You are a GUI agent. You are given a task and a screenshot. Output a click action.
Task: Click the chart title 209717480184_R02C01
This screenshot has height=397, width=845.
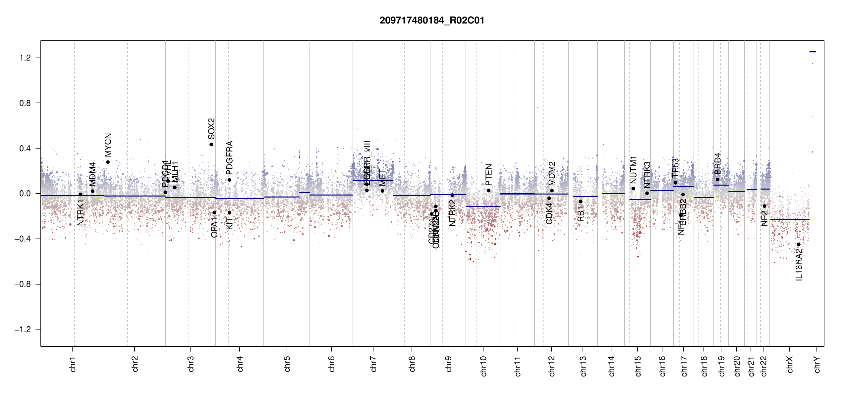point(432,21)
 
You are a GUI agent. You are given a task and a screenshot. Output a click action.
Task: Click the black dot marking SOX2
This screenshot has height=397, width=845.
point(211,145)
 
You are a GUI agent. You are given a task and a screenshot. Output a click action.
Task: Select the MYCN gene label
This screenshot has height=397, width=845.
point(108,145)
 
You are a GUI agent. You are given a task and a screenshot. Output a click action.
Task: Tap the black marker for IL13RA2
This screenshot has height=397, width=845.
point(799,244)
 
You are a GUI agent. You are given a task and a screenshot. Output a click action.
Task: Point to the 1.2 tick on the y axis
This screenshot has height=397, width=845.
point(25,58)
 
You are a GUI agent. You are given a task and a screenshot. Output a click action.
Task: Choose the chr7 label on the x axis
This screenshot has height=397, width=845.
point(373,364)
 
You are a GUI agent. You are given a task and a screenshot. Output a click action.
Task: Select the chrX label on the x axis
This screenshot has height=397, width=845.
point(790,364)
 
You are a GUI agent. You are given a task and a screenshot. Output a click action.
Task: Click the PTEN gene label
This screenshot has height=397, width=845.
point(488,175)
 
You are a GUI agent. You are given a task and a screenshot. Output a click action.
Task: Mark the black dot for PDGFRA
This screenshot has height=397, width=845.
point(229,180)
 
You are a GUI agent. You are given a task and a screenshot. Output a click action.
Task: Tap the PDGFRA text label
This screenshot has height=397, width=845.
point(229,158)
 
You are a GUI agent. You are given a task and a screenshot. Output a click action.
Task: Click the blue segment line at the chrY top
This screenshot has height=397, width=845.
point(813,52)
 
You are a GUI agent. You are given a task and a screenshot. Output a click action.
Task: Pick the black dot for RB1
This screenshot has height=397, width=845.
point(581,201)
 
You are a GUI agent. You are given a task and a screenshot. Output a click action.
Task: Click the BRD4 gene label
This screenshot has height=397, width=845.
point(717,163)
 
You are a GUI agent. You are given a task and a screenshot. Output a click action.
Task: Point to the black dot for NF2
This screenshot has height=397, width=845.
point(764,206)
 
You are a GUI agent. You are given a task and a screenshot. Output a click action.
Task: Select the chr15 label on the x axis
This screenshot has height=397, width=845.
point(638,366)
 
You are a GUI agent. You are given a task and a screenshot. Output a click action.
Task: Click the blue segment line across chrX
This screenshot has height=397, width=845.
point(789,220)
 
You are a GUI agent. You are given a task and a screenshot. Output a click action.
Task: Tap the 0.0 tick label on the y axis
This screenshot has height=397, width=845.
point(25,194)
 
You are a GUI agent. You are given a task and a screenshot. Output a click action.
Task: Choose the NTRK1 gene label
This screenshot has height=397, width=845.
point(81,212)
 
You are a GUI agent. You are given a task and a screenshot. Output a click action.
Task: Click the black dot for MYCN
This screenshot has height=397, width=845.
point(108,162)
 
